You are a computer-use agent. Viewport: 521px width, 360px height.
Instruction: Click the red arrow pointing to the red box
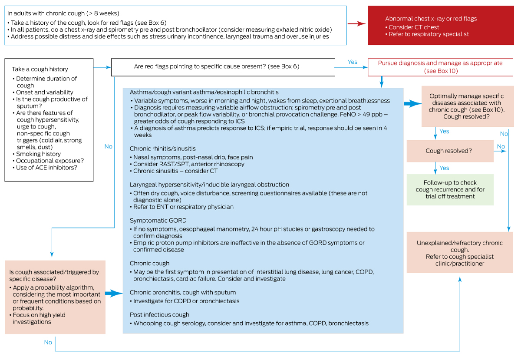(356, 24)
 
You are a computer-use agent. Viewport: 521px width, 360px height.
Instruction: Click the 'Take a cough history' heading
(40, 69)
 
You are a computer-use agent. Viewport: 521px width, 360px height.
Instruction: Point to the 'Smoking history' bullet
(38, 154)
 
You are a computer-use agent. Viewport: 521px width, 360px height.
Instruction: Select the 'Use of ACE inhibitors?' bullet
(46, 167)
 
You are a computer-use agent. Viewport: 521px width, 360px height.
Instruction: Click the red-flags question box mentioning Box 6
(223, 67)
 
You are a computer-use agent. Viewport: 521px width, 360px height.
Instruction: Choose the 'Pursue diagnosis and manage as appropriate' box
(440, 67)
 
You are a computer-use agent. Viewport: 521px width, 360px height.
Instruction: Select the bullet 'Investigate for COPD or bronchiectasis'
(186, 301)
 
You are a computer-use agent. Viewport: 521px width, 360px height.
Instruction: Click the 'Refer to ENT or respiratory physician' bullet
(183, 207)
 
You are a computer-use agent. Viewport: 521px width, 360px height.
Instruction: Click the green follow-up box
(450, 189)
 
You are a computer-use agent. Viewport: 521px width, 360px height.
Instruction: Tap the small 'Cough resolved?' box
(450, 151)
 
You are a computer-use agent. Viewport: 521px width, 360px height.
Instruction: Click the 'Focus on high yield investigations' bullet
(39, 318)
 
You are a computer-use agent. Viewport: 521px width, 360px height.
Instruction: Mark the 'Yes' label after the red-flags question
(353, 62)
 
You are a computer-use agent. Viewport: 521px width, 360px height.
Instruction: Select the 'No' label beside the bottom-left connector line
(48, 342)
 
